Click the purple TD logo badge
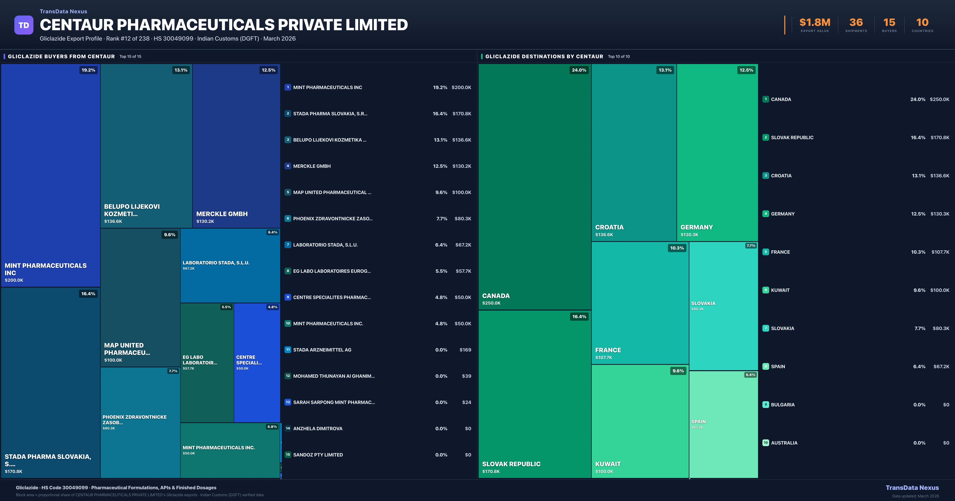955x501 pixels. pyautogui.click(x=24, y=25)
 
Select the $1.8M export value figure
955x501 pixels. pyautogui.click(x=815, y=23)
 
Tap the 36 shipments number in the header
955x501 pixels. pyautogui.click(x=856, y=23)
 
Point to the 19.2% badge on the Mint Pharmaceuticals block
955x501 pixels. pyautogui.click(x=88, y=70)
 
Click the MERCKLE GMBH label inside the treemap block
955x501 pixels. pyautogui.click(x=222, y=214)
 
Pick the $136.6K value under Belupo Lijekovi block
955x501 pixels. pyautogui.click(x=113, y=221)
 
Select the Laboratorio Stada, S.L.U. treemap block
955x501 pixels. pyautogui.click(x=230, y=265)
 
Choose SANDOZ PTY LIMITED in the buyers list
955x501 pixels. pyautogui.click(x=318, y=455)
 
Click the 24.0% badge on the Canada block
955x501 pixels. pyautogui.click(x=579, y=70)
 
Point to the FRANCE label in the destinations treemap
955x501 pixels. pyautogui.click(x=608, y=350)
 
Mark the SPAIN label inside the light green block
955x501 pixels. pyautogui.click(x=699, y=422)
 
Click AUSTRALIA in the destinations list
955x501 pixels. pyautogui.click(x=784, y=443)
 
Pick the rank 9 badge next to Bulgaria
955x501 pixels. pyautogui.click(x=766, y=405)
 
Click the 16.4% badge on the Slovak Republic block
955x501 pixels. pyautogui.click(x=579, y=317)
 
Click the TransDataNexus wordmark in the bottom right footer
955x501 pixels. pyautogui.click(x=912, y=488)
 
